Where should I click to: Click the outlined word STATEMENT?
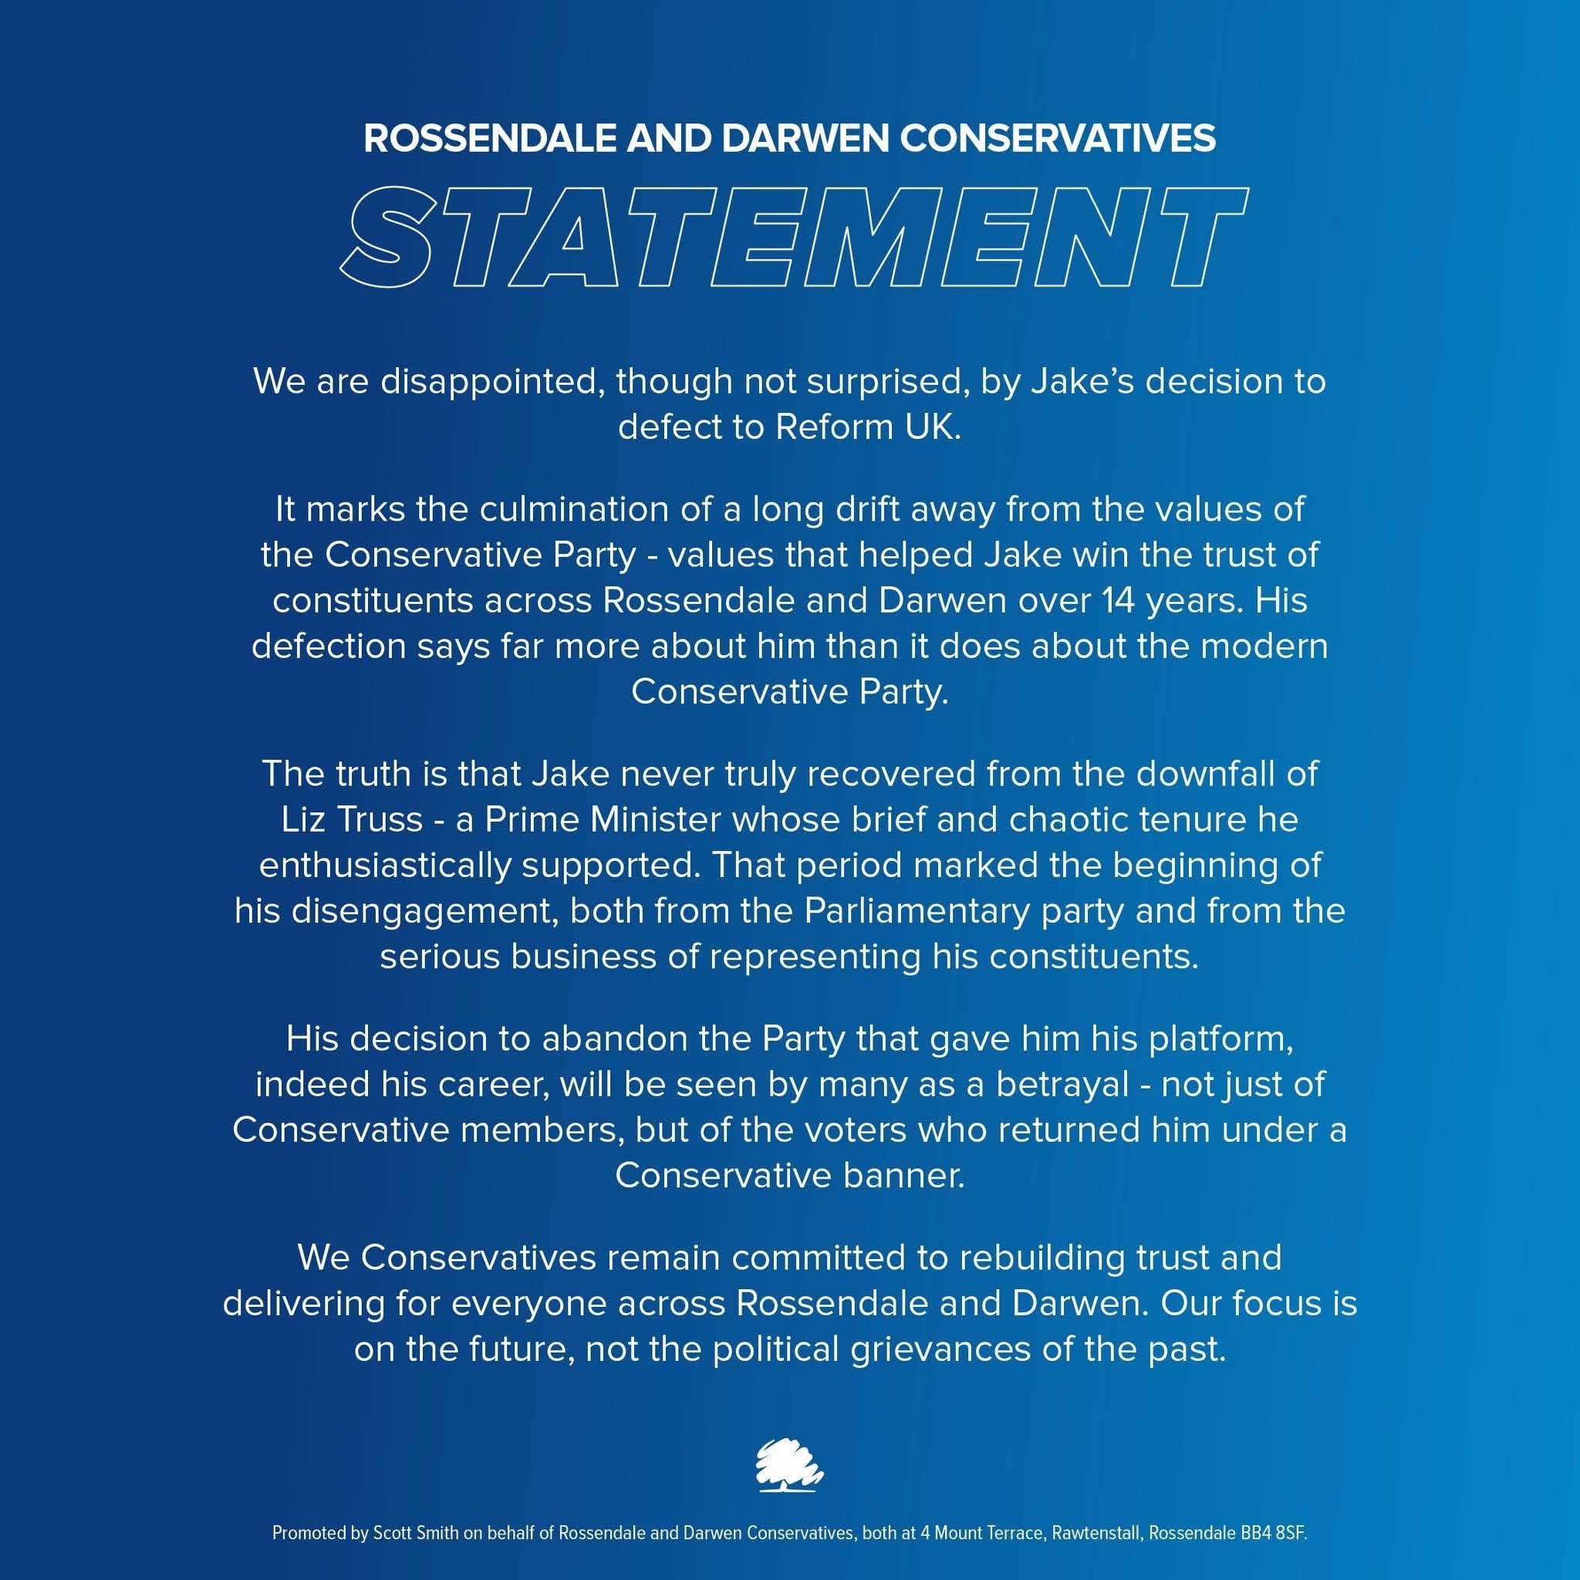tap(790, 236)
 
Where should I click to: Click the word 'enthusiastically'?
tap(384, 866)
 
